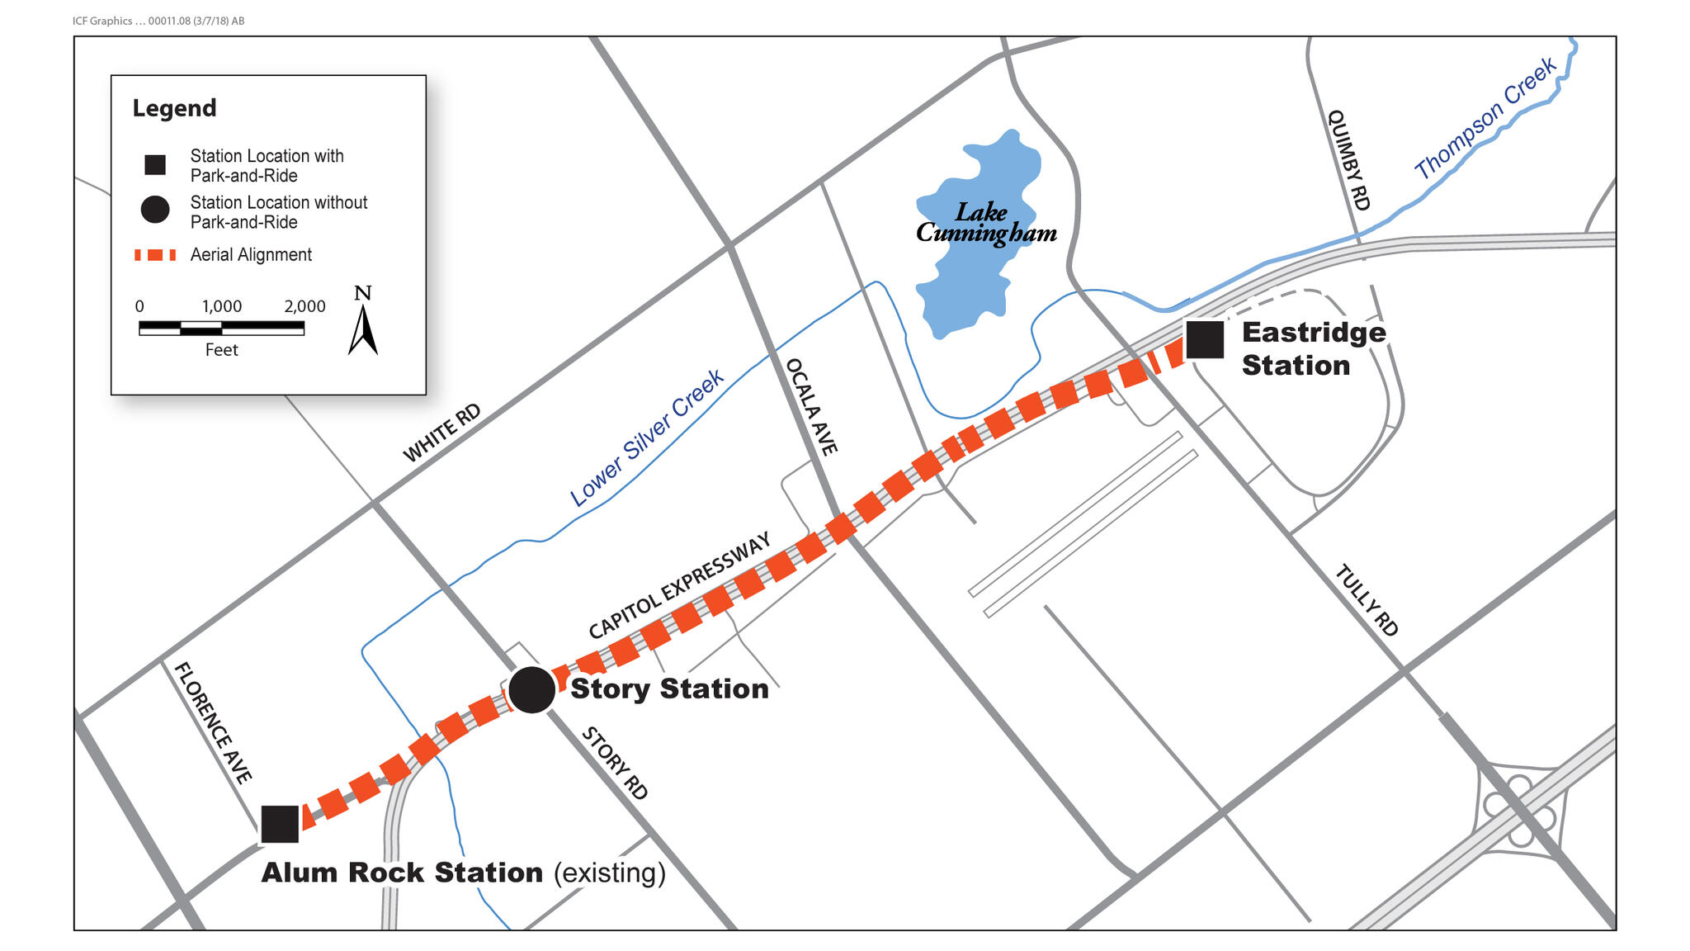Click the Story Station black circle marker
click(x=531, y=689)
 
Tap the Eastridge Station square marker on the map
click(x=1204, y=339)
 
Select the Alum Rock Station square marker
click(x=280, y=824)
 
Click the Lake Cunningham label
click(x=986, y=223)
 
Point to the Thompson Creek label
click(x=1485, y=118)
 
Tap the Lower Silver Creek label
click(x=646, y=438)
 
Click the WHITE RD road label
click(x=441, y=433)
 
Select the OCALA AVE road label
click(x=811, y=406)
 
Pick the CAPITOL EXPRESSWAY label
click(x=679, y=584)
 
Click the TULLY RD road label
click(x=1367, y=600)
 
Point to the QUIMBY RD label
click(x=1348, y=160)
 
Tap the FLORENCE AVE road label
click(x=213, y=722)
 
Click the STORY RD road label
click(x=615, y=763)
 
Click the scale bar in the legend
click(x=221, y=328)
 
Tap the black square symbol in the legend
click(x=155, y=165)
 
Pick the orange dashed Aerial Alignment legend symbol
click(x=155, y=255)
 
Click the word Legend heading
click(x=174, y=108)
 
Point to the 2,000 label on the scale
click(x=304, y=306)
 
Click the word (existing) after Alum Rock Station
click(x=609, y=873)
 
